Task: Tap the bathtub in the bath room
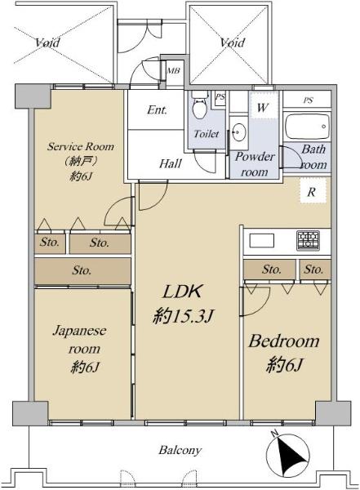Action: (x=308, y=127)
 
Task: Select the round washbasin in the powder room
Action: (x=238, y=132)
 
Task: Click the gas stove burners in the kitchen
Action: (x=308, y=240)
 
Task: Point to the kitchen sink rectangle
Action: (x=261, y=241)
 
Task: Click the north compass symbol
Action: (x=287, y=454)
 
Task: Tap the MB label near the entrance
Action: (x=173, y=70)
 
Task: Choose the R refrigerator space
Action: (x=313, y=191)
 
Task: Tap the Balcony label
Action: (x=180, y=450)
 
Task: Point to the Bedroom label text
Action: (x=284, y=341)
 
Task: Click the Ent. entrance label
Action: (x=157, y=109)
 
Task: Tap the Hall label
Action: (x=171, y=163)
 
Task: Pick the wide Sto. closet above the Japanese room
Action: (x=82, y=271)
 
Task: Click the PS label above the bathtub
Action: (x=308, y=100)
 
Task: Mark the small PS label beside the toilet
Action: (x=220, y=97)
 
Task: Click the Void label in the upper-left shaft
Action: (x=47, y=42)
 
